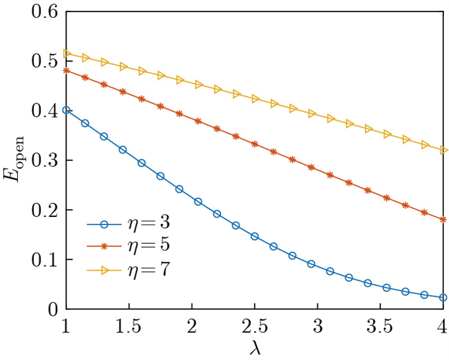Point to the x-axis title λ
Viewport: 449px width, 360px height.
click(255, 348)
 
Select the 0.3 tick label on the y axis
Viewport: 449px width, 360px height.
click(43, 160)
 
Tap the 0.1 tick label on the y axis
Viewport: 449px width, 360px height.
click(43, 260)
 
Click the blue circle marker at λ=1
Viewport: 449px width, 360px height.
click(66, 110)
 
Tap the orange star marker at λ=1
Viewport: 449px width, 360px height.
click(66, 70)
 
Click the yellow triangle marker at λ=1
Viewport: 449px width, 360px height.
click(66, 53)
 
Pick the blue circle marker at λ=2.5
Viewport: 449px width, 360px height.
click(255, 236)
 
